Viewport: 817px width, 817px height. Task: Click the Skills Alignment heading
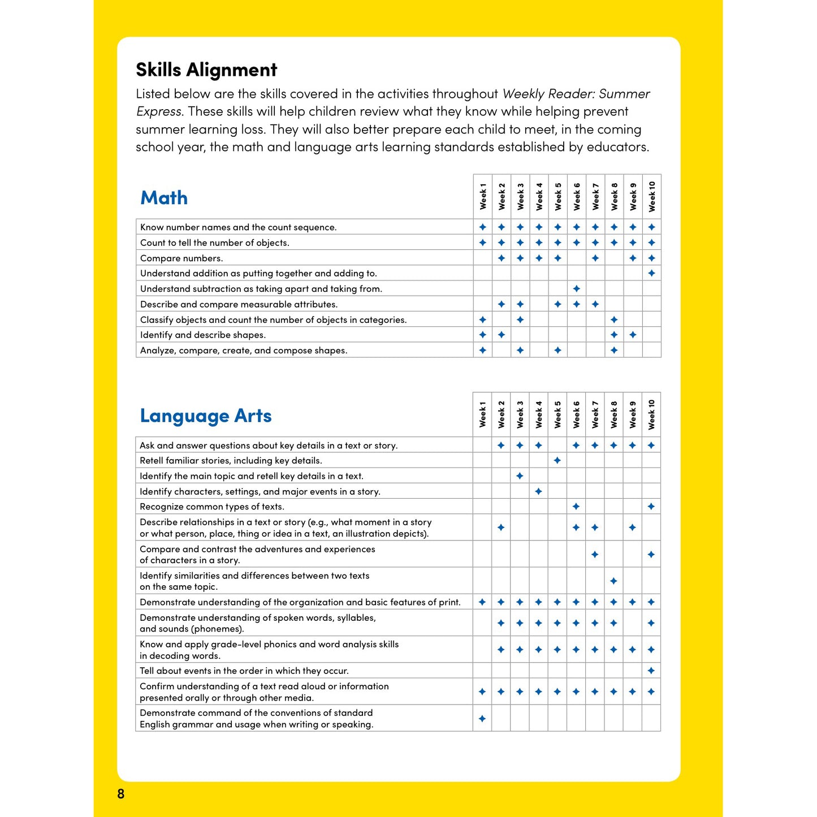coord(206,70)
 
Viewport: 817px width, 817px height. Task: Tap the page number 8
coord(120,794)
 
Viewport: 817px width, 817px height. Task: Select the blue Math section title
coord(164,198)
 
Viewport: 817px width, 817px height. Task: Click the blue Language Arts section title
coord(206,416)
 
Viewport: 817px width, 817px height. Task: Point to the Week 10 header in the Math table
coord(652,197)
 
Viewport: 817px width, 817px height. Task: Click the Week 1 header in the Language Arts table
coord(482,414)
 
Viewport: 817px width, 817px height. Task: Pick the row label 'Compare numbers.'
coord(181,258)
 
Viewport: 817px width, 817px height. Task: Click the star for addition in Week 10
coord(652,274)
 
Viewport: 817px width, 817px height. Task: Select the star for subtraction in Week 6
coord(577,289)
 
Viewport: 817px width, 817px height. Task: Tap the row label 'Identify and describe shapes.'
coord(203,335)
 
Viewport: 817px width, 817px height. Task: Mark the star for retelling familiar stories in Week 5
coord(557,461)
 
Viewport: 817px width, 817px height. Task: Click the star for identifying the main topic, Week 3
coord(520,476)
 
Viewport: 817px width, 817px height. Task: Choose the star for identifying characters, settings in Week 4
coord(539,491)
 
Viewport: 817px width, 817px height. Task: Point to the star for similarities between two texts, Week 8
coord(613,581)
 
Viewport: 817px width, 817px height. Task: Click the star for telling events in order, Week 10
coord(651,671)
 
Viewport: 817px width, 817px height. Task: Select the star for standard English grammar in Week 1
coord(482,719)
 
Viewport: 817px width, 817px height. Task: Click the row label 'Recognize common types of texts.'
coord(212,507)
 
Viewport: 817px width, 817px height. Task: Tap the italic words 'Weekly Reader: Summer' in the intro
coord(576,94)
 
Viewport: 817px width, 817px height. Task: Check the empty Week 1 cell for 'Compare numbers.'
coord(483,258)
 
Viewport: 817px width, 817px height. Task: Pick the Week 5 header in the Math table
coord(558,197)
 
